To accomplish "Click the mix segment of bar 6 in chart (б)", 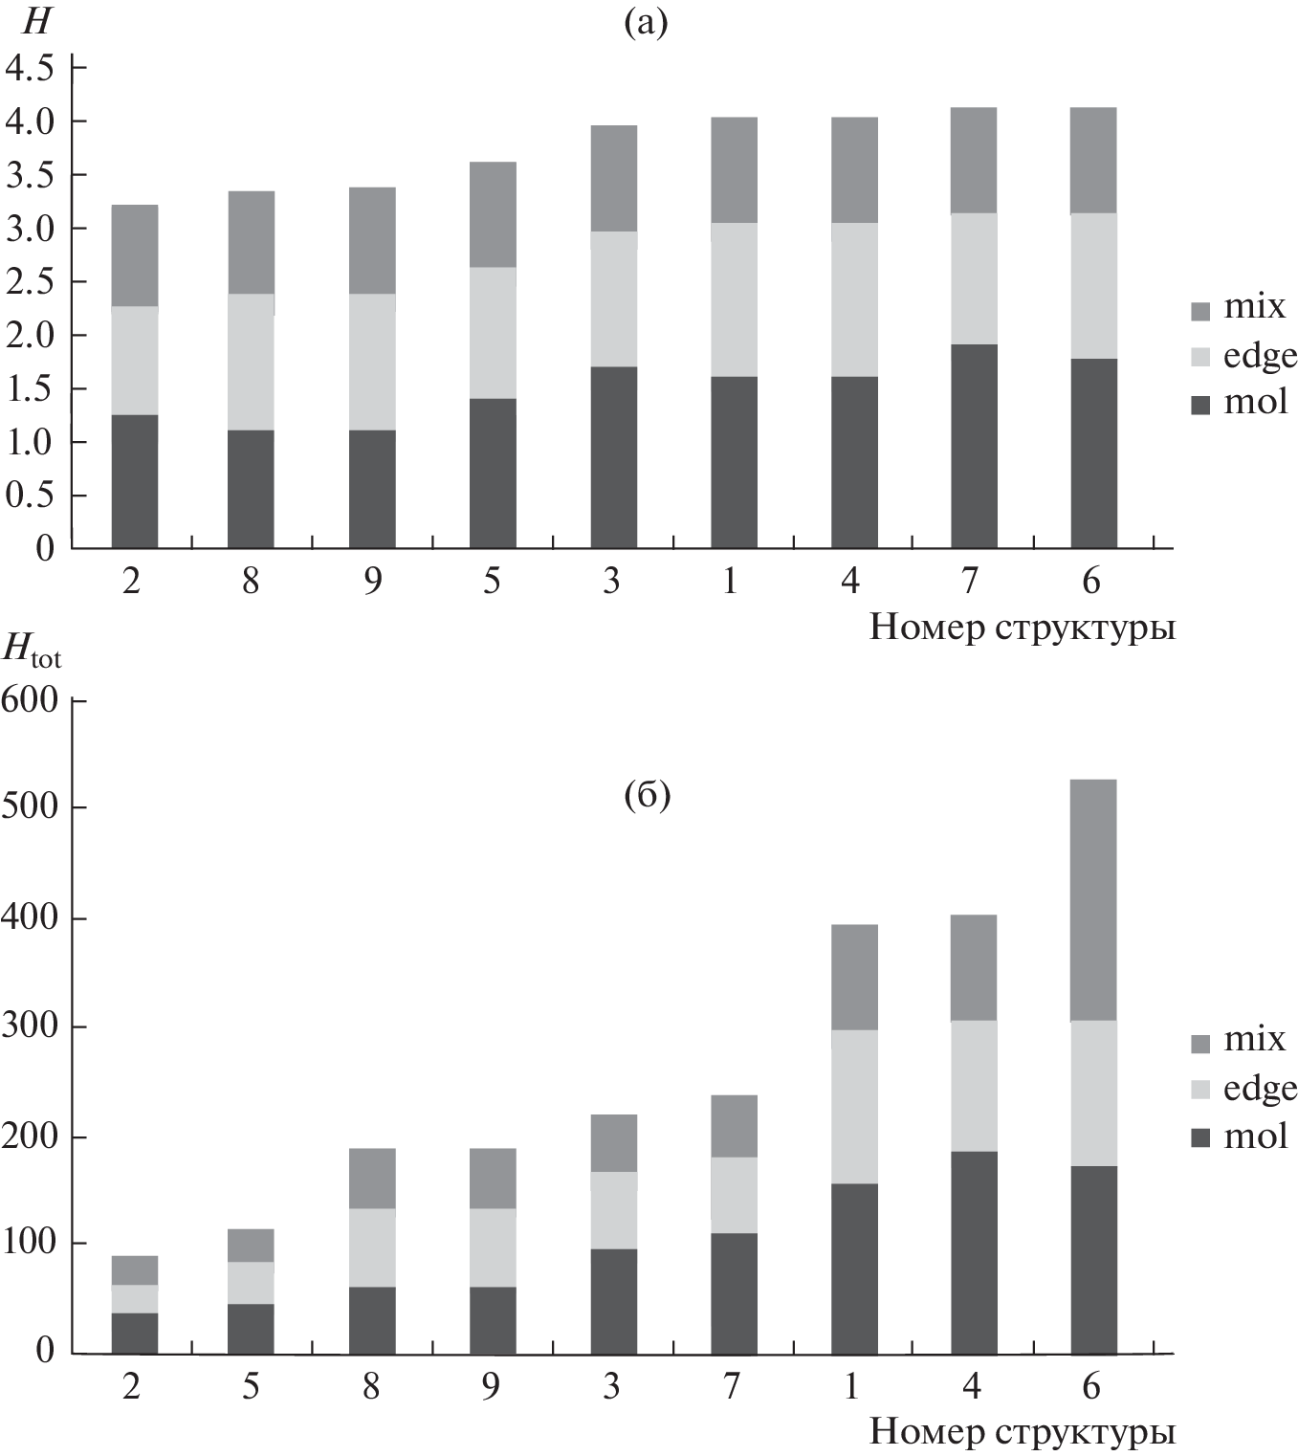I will [1093, 899].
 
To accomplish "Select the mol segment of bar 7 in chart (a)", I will [974, 446].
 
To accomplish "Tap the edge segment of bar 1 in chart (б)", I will [854, 1106].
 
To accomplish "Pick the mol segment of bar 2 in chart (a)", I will [135, 481].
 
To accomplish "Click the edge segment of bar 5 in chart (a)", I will [493, 332].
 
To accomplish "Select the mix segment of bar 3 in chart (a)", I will [613, 178].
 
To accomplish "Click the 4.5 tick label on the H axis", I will [30, 68].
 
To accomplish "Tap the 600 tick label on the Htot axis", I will [30, 700].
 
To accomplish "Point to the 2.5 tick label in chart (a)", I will [30, 282].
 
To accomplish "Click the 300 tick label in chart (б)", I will [30, 1026].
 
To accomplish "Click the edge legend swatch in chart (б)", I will [1201, 1090].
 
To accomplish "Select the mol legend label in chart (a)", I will [1255, 402].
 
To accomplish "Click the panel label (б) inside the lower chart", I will [647, 795].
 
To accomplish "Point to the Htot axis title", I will [32, 650].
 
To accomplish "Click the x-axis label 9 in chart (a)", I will [372, 581].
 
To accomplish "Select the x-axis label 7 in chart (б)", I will [732, 1385].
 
